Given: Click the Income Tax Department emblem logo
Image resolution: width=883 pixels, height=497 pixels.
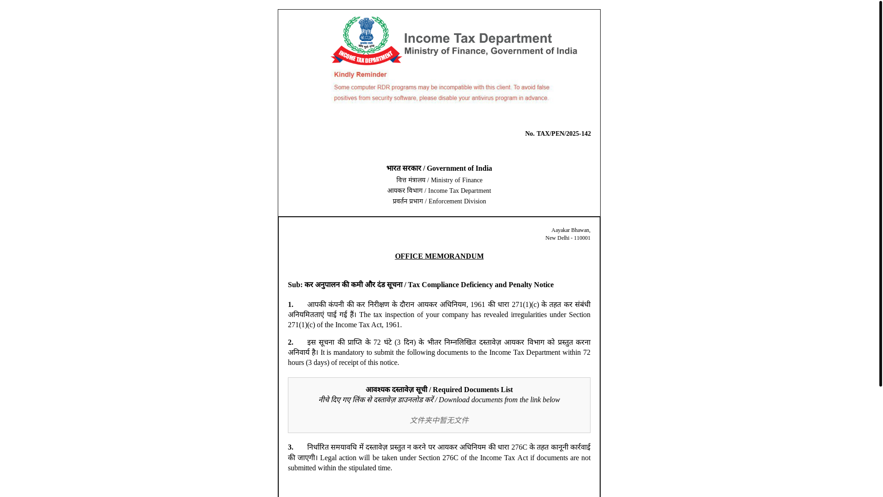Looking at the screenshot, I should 367,41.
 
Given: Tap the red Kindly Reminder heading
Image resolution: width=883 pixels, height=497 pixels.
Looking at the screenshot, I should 360,75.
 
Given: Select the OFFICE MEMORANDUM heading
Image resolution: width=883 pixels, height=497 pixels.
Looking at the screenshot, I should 439,256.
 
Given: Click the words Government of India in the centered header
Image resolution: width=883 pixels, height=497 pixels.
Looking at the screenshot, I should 459,168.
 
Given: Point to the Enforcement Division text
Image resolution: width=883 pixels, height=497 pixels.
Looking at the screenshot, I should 457,202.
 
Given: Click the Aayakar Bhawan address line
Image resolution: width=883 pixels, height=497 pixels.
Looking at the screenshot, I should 570,230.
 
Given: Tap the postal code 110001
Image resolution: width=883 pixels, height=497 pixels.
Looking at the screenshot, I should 582,238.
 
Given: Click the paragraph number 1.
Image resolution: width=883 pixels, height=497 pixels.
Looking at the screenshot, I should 291,305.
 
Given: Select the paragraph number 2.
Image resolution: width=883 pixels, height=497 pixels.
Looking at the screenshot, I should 291,342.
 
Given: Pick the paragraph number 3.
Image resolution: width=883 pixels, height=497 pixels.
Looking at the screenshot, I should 291,447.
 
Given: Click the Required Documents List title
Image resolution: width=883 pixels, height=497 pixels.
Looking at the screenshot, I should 472,390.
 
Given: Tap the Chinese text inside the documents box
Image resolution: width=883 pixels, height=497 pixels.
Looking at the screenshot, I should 439,421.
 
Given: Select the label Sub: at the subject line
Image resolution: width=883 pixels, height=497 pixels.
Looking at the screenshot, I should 295,285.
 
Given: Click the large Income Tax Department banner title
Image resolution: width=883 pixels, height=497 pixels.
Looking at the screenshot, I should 478,39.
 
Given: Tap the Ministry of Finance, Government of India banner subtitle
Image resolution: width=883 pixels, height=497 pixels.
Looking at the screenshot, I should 490,51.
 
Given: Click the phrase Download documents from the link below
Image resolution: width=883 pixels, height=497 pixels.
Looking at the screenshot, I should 499,400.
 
